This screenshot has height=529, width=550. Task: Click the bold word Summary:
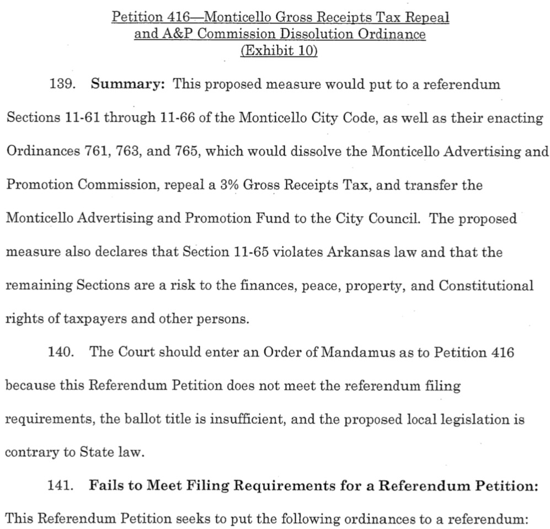[x=127, y=85]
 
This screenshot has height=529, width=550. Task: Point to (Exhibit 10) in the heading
[x=280, y=51]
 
